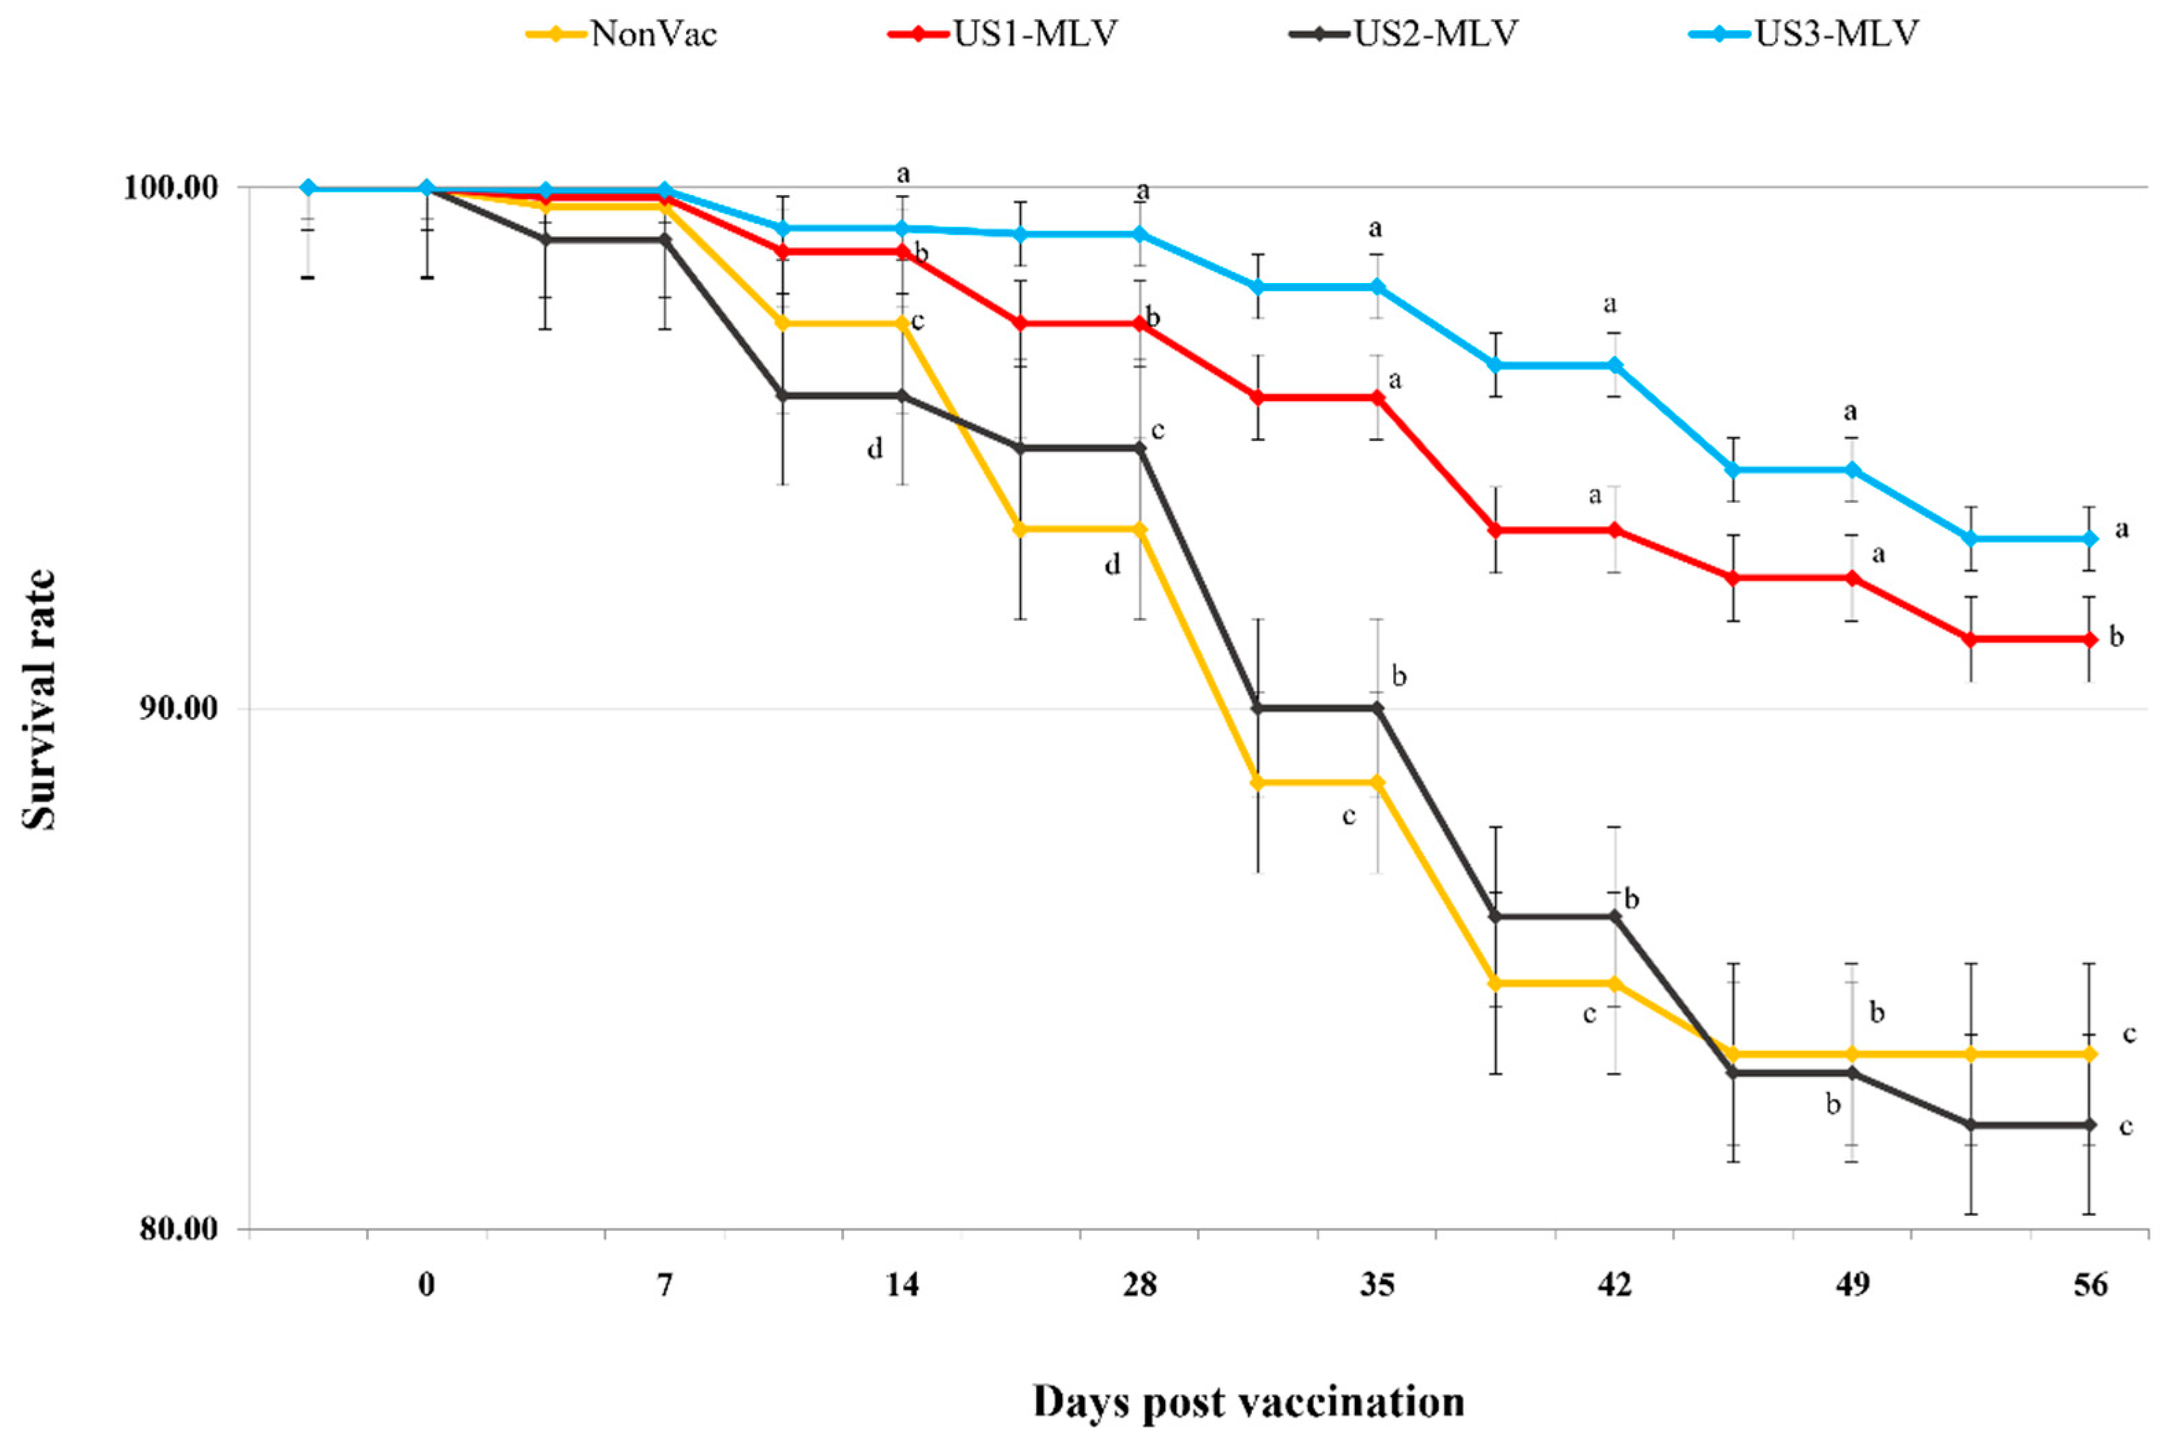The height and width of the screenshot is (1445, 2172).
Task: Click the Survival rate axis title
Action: tap(38, 701)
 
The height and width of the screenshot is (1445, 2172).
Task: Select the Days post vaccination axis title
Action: tap(1248, 1402)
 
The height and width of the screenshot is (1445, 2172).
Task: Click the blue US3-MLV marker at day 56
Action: tap(2090, 539)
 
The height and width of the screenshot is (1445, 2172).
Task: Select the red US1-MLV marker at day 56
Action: tap(2090, 639)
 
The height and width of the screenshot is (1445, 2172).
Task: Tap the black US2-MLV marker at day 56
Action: tap(2090, 1125)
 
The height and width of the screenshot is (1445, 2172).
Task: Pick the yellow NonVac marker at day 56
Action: tap(2090, 1054)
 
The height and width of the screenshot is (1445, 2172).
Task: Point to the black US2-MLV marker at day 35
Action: tap(1377, 708)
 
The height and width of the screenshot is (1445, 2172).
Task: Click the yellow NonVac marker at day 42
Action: tap(1614, 983)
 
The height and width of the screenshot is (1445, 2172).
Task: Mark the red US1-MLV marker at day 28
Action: tap(1140, 323)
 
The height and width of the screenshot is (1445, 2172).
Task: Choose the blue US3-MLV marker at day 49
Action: tap(1852, 470)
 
